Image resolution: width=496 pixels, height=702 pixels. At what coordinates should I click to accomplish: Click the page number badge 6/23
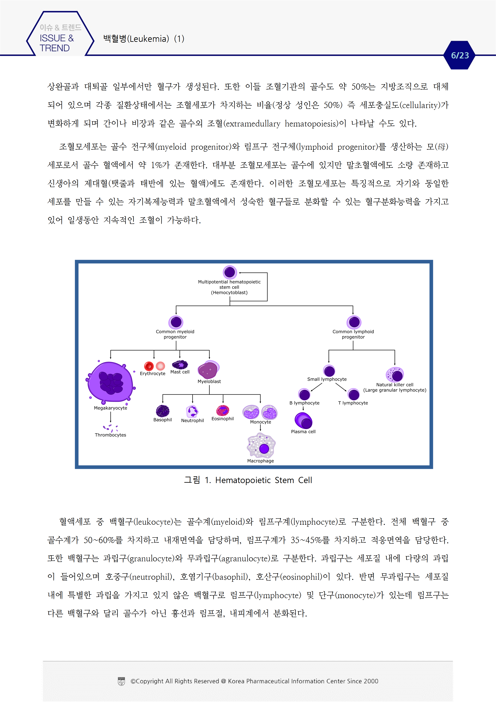459,55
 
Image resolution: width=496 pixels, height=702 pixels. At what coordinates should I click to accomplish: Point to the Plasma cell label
303,431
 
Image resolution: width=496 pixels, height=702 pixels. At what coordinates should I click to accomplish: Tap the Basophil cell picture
163,411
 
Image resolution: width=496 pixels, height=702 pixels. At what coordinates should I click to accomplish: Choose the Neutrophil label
193,420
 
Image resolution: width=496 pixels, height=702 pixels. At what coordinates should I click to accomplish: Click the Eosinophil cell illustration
223,410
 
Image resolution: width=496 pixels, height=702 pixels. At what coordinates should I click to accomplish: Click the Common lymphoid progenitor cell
354,322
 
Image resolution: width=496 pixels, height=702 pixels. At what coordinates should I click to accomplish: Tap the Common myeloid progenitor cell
176,322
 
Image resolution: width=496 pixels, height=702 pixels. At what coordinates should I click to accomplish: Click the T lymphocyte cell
354,394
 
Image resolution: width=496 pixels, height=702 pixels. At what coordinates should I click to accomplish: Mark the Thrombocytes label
110,435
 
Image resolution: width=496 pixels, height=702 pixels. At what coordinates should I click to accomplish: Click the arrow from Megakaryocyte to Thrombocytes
111,416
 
